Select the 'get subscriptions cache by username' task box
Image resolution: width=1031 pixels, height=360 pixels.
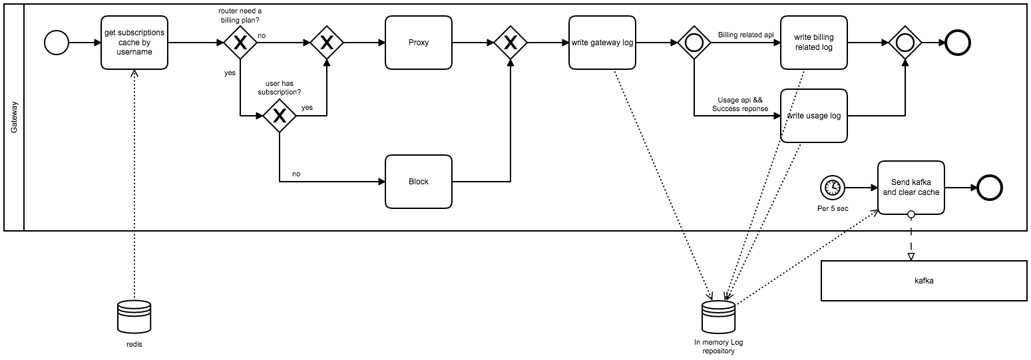click(x=134, y=43)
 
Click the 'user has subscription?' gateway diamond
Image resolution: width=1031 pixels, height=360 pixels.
click(x=279, y=116)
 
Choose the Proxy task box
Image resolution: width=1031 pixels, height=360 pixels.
click(x=419, y=43)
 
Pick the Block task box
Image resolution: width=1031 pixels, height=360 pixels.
click(x=419, y=181)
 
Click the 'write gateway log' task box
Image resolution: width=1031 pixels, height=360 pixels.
click(x=602, y=43)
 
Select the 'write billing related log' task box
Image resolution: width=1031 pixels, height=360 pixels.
click(x=813, y=43)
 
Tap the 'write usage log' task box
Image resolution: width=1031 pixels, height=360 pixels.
click(x=813, y=116)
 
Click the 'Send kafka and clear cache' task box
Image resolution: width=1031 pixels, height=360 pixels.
click(x=911, y=187)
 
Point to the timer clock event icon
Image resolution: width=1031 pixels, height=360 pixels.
click(x=832, y=188)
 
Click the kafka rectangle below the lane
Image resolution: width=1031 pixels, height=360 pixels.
click(x=924, y=281)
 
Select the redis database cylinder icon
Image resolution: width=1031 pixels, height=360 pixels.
click(x=134, y=318)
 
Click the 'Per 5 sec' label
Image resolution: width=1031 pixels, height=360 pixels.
click(x=832, y=208)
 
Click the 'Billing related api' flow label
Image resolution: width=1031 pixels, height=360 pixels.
click(x=745, y=35)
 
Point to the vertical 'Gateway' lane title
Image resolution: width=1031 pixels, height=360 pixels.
click(x=14, y=116)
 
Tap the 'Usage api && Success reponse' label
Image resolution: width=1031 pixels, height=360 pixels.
click(x=739, y=104)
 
